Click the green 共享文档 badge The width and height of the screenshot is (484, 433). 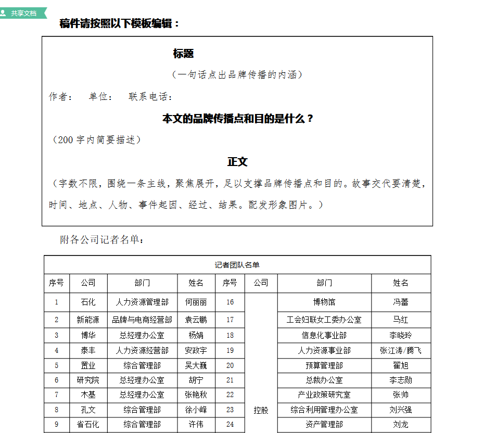pos(23,13)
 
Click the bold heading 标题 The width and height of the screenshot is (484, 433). pos(183,54)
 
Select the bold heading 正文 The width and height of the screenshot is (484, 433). pos(237,162)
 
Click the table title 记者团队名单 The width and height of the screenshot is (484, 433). pos(237,265)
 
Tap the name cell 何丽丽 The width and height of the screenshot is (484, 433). pos(196,302)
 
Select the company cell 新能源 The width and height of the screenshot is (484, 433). pos(88,320)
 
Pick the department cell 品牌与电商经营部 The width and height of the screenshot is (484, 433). pos(142,320)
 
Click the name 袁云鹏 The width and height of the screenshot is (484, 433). pos(196,320)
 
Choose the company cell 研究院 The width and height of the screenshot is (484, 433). pos(88,380)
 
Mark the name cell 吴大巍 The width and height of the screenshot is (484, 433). pos(196,365)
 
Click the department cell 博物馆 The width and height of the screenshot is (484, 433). pos(324,302)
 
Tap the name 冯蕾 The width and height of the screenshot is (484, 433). pos(401,302)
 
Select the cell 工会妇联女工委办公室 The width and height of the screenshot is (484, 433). pos(324,320)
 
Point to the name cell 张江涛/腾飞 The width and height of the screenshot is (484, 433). pos(401,351)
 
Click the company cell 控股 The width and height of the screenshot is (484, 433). pos(261,410)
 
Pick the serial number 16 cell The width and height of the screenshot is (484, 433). pos(230,302)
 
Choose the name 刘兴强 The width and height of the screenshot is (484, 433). pos(401,410)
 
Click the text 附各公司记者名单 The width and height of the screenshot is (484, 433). pos(102,240)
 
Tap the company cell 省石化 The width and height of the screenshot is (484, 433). pos(88,425)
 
